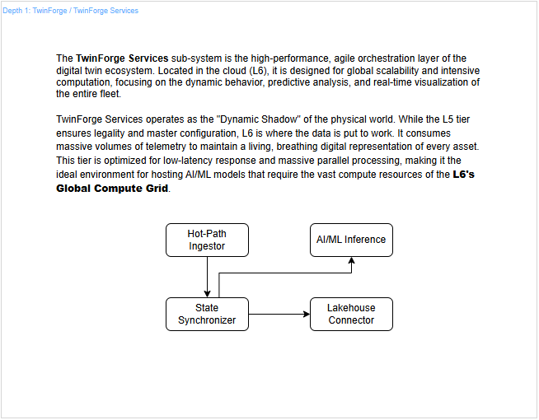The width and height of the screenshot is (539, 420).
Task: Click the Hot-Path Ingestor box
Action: point(207,240)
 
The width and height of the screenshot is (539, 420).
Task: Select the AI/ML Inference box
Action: point(351,240)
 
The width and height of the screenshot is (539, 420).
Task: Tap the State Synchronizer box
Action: point(207,314)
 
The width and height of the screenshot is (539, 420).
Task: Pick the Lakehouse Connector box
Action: point(351,314)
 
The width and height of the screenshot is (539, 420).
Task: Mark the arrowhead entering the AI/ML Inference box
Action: point(351,260)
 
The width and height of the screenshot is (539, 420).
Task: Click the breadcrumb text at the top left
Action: point(71,11)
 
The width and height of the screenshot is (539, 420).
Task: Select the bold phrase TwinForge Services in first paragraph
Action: point(123,58)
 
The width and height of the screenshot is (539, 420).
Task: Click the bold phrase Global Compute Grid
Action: point(111,189)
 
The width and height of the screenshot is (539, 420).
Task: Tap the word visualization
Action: point(412,82)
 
